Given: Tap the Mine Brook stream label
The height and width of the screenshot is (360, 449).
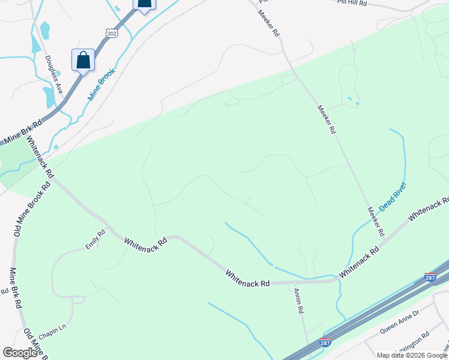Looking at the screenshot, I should [101, 84].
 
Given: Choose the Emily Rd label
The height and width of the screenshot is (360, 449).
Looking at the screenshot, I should [95, 239].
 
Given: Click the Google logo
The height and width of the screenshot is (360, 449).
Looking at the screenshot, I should [20, 353].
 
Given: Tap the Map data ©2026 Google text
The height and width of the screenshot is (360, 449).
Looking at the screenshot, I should [412, 355].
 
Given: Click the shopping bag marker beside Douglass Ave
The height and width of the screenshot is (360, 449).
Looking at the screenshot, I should [83, 59].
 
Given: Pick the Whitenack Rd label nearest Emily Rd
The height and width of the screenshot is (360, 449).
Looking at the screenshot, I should [145, 244].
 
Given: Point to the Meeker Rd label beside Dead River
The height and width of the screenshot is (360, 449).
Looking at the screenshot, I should [376, 221].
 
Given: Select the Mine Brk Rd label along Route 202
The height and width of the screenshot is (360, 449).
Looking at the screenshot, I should [22, 133].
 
